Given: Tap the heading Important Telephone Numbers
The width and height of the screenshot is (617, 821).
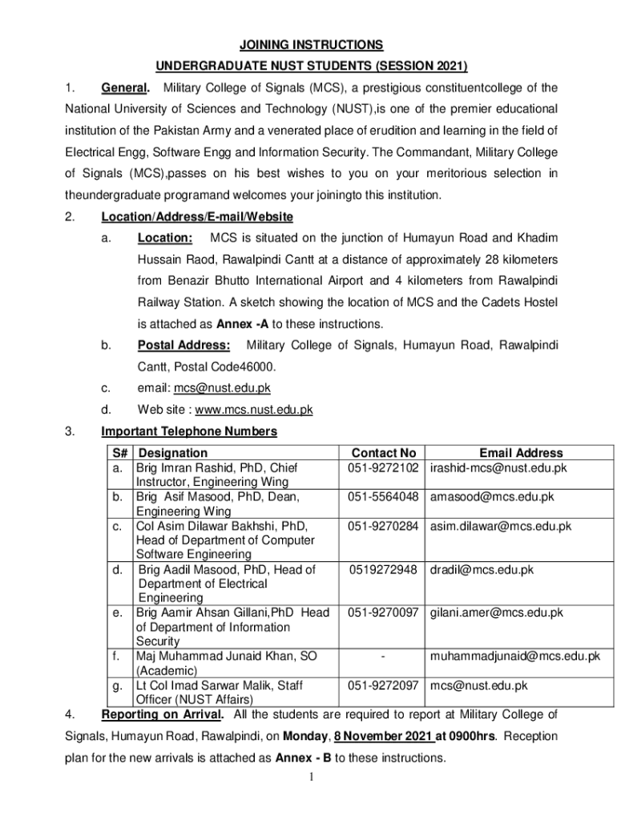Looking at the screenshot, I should click(189, 431).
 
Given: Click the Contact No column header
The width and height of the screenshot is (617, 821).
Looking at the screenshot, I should click(384, 453).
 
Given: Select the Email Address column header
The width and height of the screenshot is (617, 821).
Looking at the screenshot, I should click(521, 453).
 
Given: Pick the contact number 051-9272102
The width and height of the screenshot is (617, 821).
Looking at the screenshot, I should click(384, 467).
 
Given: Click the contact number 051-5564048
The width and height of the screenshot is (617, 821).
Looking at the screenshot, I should click(384, 497).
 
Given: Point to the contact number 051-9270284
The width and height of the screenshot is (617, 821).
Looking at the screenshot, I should click(384, 526).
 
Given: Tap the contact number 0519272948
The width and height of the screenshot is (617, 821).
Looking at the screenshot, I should click(384, 570).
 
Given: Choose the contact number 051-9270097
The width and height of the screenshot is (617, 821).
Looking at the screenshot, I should click(384, 613).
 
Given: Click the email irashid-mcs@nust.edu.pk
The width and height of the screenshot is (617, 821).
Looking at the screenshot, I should click(498, 467).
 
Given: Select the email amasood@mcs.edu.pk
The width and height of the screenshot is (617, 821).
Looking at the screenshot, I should click(492, 497).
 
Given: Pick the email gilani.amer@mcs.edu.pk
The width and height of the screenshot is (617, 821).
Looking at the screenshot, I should click(496, 613).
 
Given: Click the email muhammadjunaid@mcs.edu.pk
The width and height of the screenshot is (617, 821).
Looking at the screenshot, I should click(514, 657).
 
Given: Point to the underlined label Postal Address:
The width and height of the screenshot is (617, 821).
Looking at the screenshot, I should click(184, 345).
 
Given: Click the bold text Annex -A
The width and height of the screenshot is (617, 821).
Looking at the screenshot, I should click(244, 324).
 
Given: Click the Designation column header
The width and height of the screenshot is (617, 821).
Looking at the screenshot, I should click(173, 453).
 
